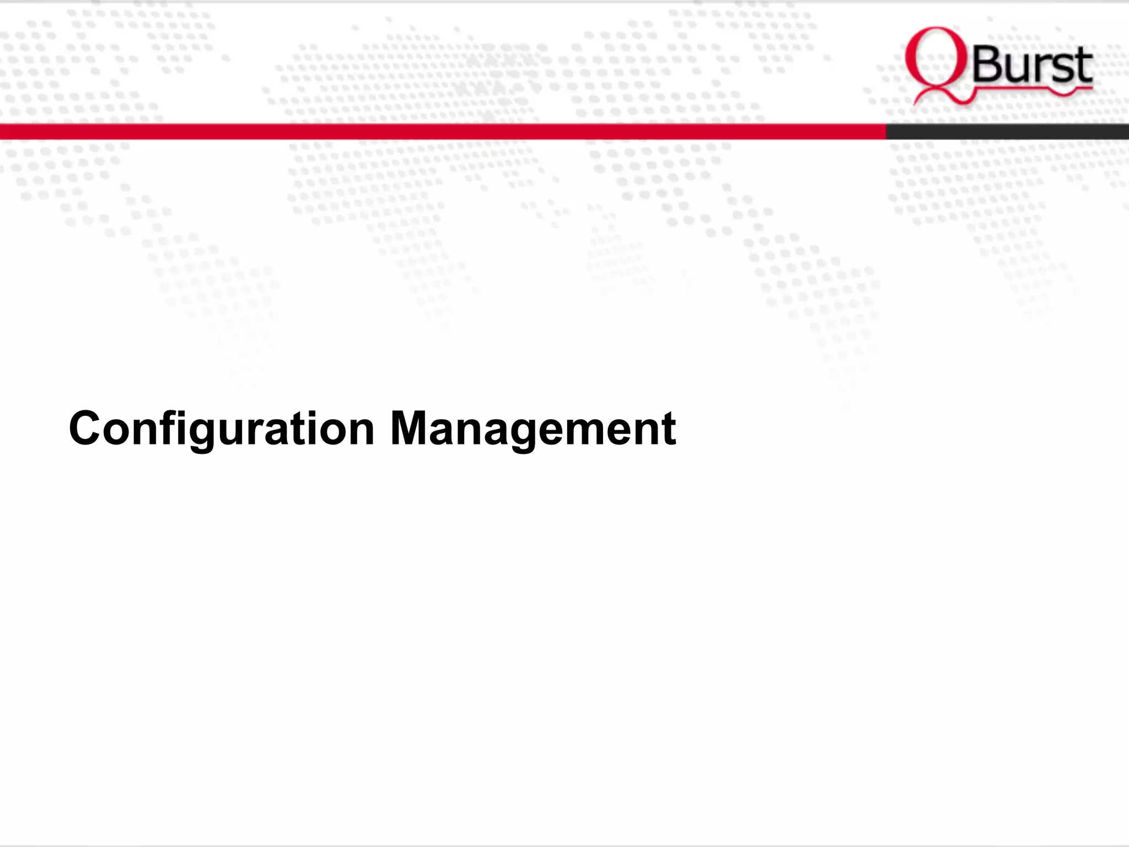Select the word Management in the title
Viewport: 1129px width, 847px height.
(533, 429)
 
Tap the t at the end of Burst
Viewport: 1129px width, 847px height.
(1083, 66)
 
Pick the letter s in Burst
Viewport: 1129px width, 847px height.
(1061, 68)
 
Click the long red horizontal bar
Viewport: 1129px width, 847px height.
(441, 131)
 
